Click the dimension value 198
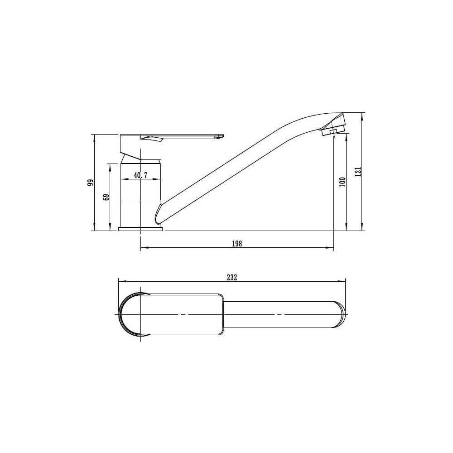pos(237,244)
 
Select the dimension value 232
pos(232,277)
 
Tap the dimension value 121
pos(358,172)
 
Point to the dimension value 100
pos(343,182)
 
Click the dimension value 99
pos(91,183)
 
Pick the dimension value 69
pos(106,197)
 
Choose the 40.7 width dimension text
pos(141,175)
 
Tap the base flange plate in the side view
pos(141,229)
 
